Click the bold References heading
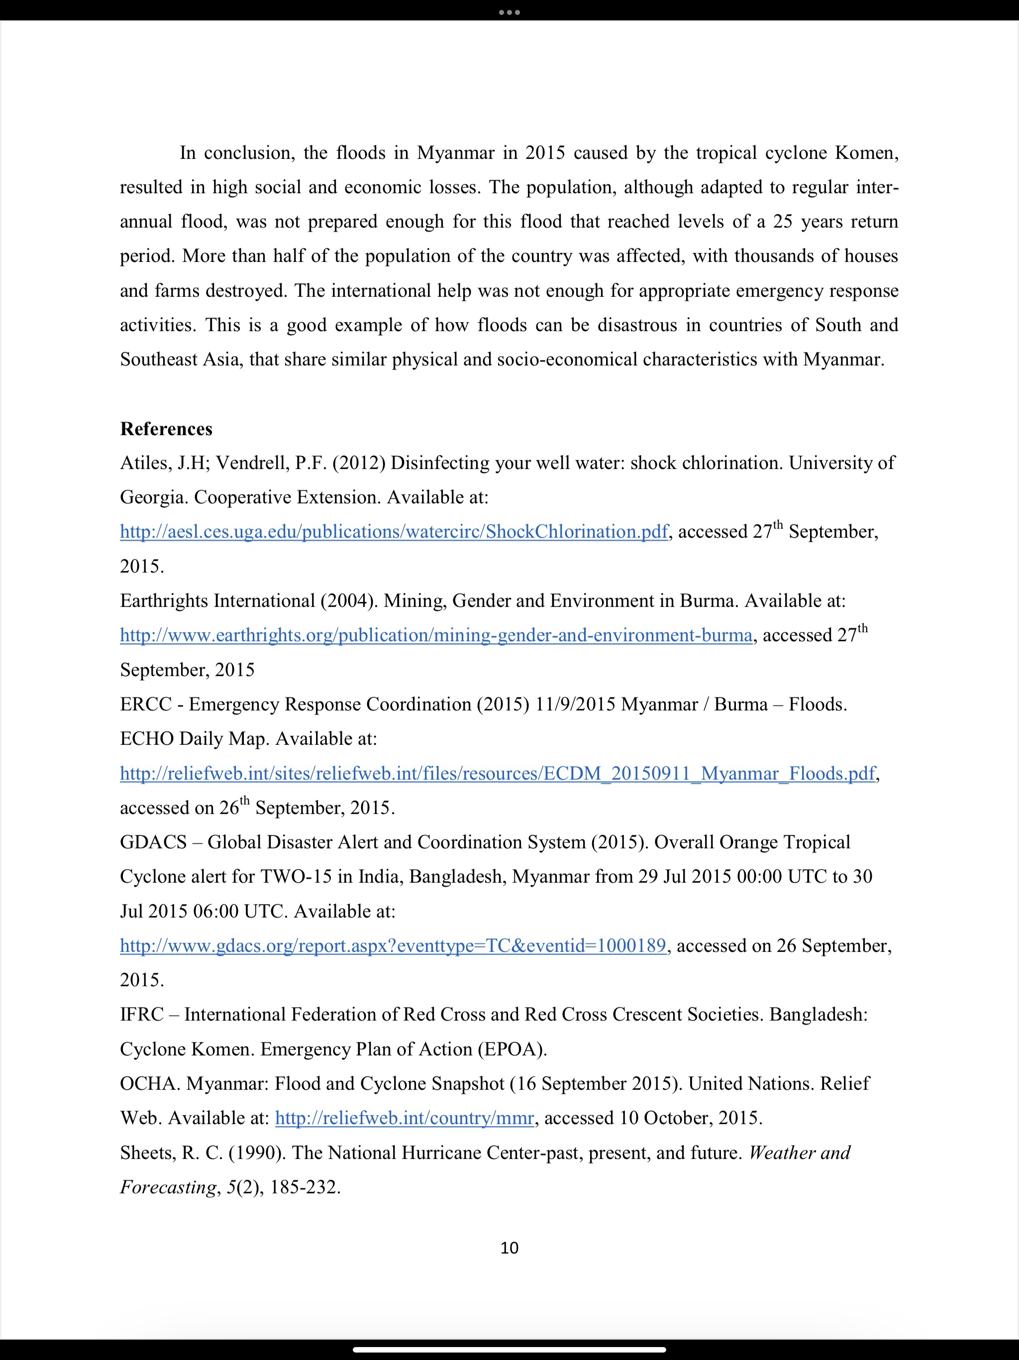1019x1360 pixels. [x=166, y=429]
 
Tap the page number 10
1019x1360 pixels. [x=509, y=1247]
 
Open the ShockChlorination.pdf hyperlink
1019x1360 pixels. [x=394, y=532]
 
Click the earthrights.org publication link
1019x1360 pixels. [x=436, y=635]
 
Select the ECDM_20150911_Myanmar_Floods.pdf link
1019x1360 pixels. [x=497, y=774]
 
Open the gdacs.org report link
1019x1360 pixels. [x=393, y=946]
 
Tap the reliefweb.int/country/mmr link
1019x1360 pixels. [x=405, y=1118]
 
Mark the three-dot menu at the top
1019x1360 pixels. [x=509, y=11]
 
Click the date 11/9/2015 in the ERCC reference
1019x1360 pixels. [x=575, y=704]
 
